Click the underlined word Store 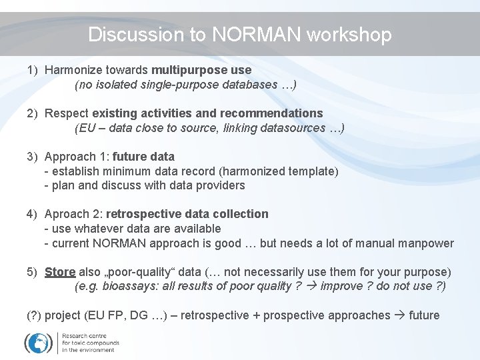pyautogui.click(x=60, y=272)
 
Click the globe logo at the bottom pyautogui.click(x=38, y=342)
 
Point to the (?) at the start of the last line pyautogui.click(x=34, y=315)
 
